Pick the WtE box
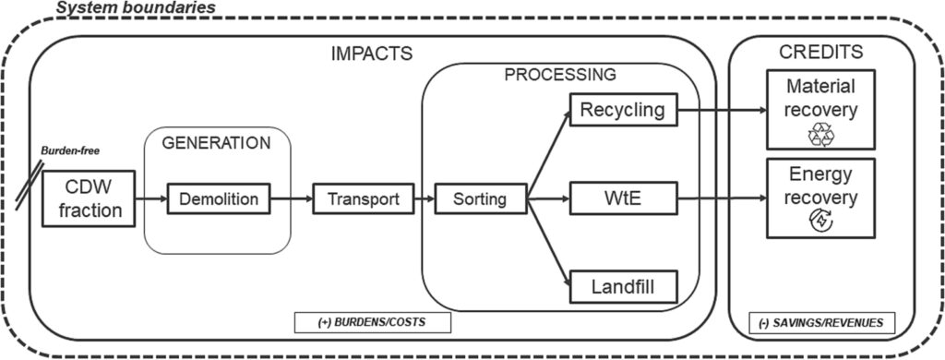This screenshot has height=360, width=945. tap(623, 198)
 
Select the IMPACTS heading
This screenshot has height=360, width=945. tap(371, 54)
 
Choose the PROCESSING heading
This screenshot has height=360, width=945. tap(560, 74)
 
